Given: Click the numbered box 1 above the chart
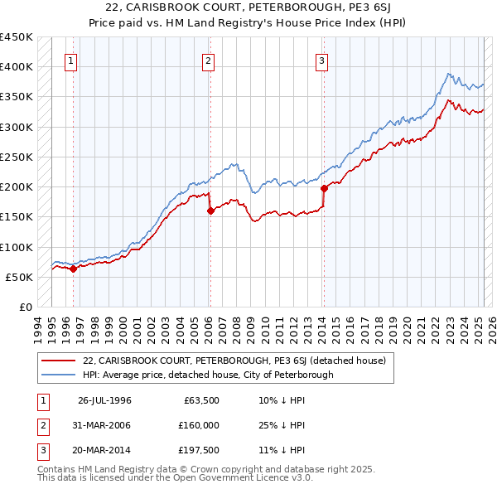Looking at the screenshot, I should click(70, 61).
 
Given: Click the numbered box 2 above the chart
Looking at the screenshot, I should click(208, 61).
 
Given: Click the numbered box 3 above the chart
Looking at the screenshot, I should click(321, 61).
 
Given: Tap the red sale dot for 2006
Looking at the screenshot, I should click(210, 211).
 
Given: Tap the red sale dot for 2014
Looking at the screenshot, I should click(324, 188).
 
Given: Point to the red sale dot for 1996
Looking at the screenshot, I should click(74, 269).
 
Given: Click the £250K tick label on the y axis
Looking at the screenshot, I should click(17, 157).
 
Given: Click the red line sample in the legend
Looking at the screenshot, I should click(58, 361).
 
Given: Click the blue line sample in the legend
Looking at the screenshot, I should click(58, 375).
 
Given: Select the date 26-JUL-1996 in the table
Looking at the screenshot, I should click(104, 400).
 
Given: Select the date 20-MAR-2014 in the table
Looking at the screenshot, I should click(104, 451).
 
